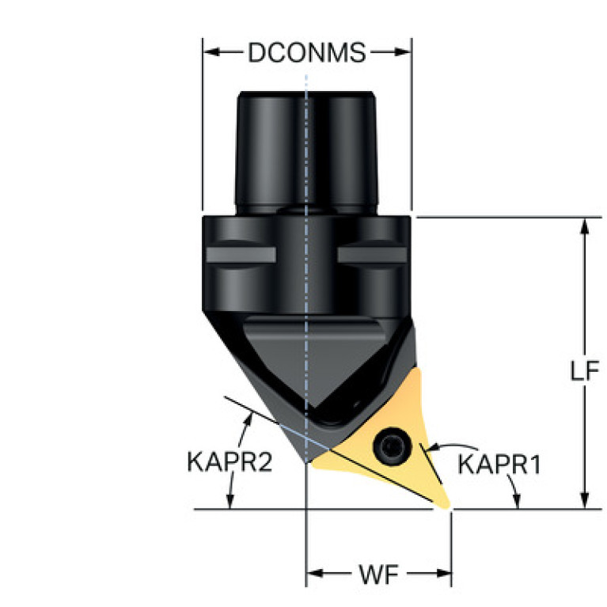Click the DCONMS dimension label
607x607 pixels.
coord(306,52)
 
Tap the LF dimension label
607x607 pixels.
coord(585,370)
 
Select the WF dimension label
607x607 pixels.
coord(379,574)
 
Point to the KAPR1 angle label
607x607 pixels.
coord(499,464)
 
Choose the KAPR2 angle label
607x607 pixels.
coord(230,462)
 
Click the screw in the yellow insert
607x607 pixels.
coord(392,446)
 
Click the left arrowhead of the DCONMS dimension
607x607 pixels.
coord(212,52)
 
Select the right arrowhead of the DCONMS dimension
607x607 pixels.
coord(402,52)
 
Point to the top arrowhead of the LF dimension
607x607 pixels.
coord(585,226)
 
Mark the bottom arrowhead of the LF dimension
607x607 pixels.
coord(585,500)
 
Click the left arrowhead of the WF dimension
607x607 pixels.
coord(315,573)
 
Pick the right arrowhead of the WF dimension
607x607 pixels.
coord(442,573)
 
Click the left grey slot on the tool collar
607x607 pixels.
coord(241,255)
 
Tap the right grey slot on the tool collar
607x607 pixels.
coord(372,255)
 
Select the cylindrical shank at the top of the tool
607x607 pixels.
coord(306,153)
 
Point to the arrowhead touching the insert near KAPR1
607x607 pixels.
coord(431,449)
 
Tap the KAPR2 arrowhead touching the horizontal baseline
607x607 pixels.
coord(230,501)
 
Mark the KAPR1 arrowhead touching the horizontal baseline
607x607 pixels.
coord(518,501)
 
